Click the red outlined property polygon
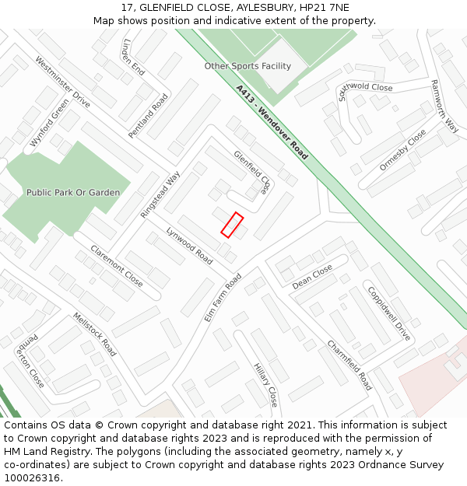[232, 224]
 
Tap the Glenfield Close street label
[255, 172]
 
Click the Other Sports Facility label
[248, 66]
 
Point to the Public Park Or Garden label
[73, 192]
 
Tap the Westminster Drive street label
[62, 82]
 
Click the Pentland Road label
[148, 116]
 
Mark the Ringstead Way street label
[160, 194]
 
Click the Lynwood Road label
[189, 246]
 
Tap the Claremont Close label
[117, 266]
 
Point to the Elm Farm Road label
[223, 297]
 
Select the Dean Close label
[312, 277]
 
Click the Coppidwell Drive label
[388, 314]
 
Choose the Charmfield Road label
[349, 365]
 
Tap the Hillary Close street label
[265, 384]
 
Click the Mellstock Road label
[94, 334]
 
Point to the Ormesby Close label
[402, 150]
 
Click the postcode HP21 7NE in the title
[321, 7]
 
